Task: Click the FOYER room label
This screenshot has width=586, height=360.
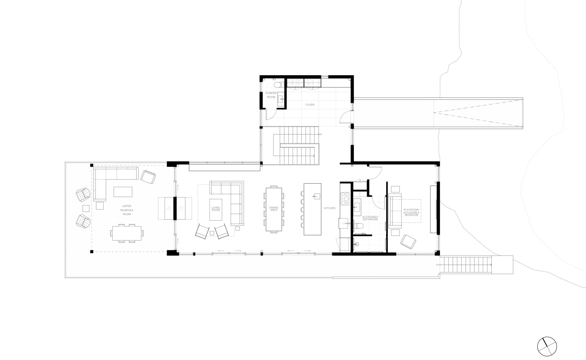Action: point(310,105)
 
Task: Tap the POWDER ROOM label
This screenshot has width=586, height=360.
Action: point(271,95)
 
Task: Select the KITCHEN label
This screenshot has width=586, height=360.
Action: point(330,208)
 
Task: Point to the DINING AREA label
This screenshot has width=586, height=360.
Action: point(274,209)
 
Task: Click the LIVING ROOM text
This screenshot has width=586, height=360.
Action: point(216,209)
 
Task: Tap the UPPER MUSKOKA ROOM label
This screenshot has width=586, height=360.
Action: point(127,210)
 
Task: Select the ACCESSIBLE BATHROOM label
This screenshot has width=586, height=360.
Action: point(370,218)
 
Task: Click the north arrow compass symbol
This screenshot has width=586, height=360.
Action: point(547,346)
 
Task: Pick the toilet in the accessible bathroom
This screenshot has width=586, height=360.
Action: point(358,226)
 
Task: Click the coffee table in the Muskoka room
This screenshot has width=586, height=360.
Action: point(123,192)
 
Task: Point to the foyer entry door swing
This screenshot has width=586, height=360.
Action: point(345,117)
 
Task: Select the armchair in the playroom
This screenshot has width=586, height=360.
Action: point(408,242)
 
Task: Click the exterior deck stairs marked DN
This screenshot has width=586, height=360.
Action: point(467,265)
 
